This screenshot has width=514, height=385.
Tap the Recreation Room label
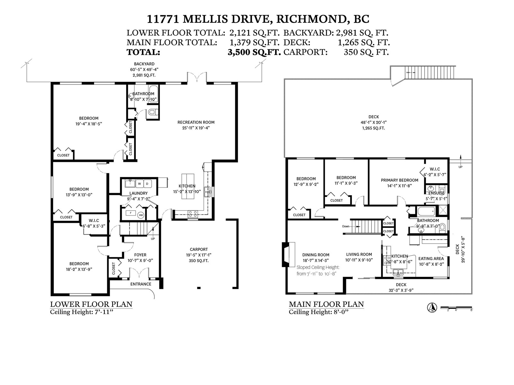(x=196, y=122)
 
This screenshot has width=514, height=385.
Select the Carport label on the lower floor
(x=199, y=249)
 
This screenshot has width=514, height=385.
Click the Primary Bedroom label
(x=400, y=180)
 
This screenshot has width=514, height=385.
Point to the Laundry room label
(x=138, y=193)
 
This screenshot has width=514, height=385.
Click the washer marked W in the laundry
(x=139, y=184)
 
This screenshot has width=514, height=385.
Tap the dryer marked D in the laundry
(x=147, y=184)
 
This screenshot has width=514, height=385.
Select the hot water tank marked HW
(x=141, y=215)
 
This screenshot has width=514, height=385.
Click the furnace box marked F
(x=131, y=213)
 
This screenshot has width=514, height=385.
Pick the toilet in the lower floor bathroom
(x=153, y=113)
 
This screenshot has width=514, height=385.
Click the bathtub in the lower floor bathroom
(x=153, y=94)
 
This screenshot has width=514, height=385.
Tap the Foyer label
(x=140, y=255)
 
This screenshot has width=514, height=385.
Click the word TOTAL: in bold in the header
(x=143, y=52)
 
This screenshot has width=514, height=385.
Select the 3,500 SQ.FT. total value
(x=254, y=52)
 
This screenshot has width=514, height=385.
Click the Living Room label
(x=359, y=254)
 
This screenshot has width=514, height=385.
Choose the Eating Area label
(x=431, y=259)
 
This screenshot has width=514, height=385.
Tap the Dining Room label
(x=316, y=255)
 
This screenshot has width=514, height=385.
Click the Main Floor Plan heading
(x=326, y=304)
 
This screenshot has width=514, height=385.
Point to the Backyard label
(x=144, y=64)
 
